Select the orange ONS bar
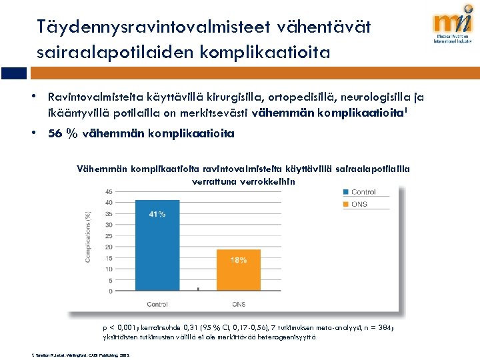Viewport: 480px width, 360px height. [x=239, y=270]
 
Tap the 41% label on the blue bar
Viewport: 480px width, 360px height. [x=157, y=214]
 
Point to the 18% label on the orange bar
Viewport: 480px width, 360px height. [x=239, y=260]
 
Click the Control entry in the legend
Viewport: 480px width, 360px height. [x=363, y=193]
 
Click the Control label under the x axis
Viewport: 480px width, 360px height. [x=157, y=304]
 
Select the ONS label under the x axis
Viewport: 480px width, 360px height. [x=239, y=304]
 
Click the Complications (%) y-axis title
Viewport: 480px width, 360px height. [x=88, y=237]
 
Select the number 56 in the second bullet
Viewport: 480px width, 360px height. [x=57, y=133]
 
